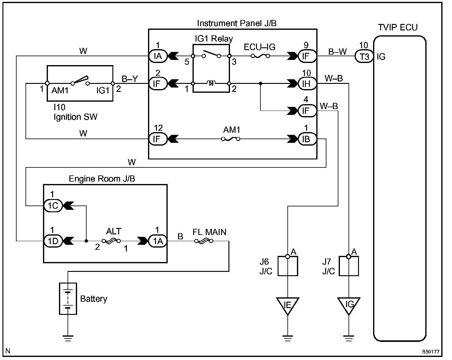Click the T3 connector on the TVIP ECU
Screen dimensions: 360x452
tap(364, 56)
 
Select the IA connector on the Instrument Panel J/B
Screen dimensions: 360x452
tap(158, 56)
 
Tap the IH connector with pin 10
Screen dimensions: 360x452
tap(306, 84)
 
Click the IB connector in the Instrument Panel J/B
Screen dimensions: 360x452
tap(306, 139)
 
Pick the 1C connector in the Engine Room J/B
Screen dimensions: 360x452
tap(53, 205)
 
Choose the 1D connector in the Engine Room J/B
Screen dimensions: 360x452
tap(53, 241)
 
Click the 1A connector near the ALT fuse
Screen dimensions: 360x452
tap(158, 241)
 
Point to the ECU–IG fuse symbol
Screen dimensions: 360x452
tap(260, 56)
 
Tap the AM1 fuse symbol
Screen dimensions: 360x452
tap(231, 139)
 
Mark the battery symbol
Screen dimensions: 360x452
tap(68, 299)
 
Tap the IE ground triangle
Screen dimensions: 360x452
tap(288, 305)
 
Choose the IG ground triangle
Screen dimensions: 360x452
tap(349, 305)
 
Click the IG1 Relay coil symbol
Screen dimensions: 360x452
tap(211, 83)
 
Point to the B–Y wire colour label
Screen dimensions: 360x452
tap(130, 79)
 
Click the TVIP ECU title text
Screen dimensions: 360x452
tap(398, 28)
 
